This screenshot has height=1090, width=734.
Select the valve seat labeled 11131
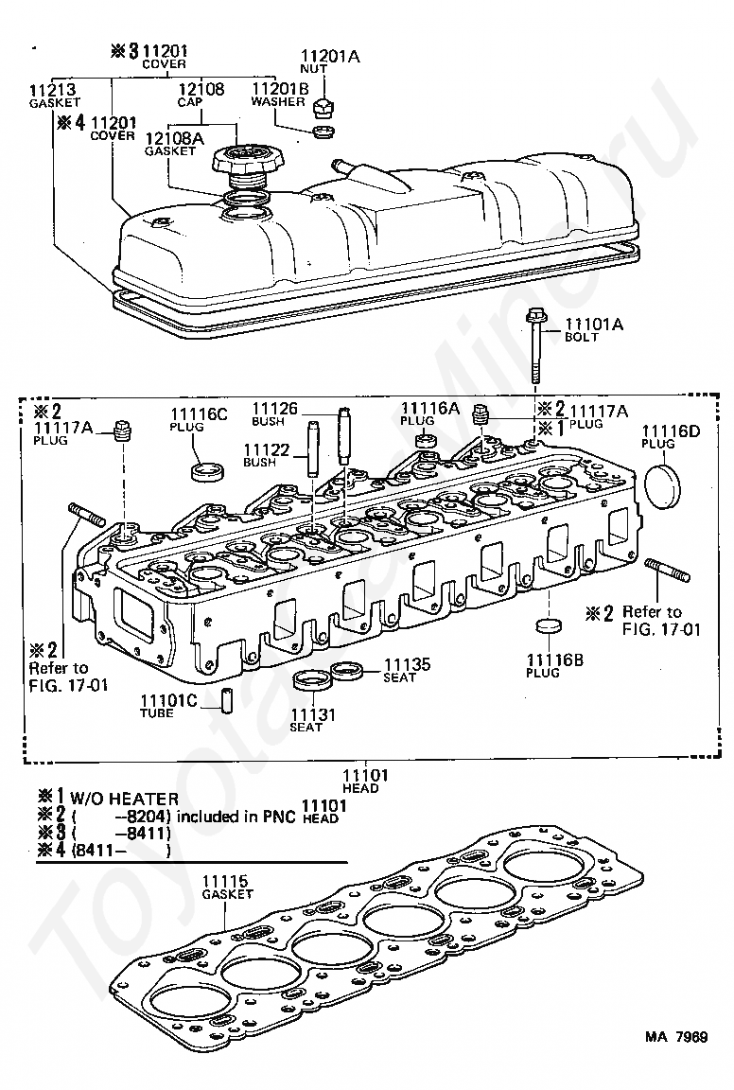(308, 680)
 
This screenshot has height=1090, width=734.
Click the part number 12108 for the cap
(201, 89)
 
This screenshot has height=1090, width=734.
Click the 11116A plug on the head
(425, 441)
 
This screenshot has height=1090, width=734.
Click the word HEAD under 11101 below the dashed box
(360, 788)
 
